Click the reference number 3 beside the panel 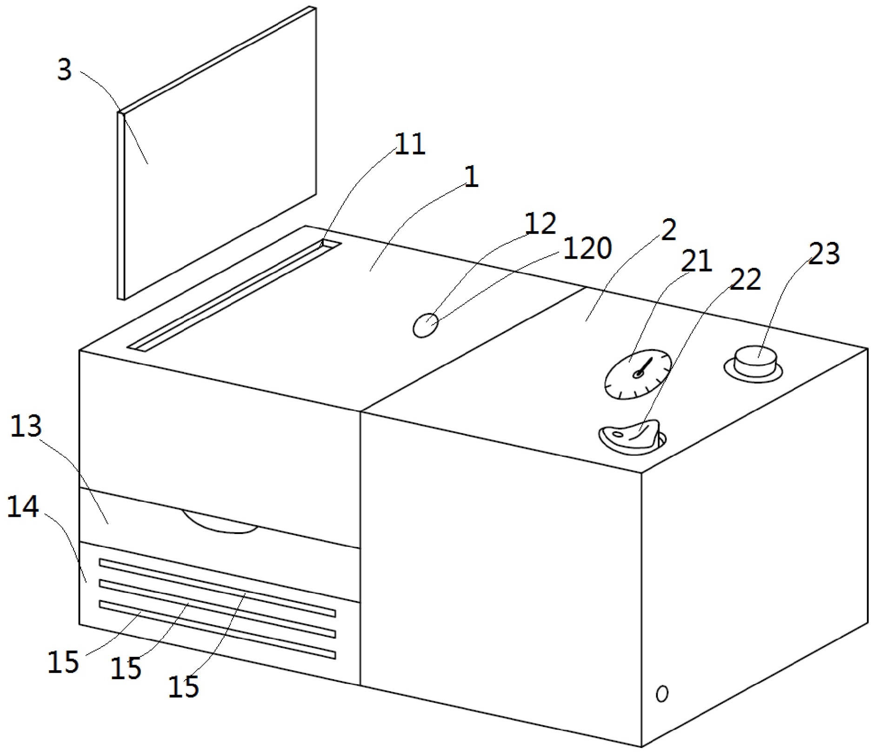(x=65, y=70)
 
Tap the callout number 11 (x=410, y=144)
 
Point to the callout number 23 (x=823, y=254)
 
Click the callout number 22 (x=745, y=280)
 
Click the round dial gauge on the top (x=638, y=374)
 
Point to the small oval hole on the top (x=425, y=325)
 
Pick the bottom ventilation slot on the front (x=217, y=629)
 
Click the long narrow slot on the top (x=234, y=295)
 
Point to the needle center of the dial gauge (x=638, y=374)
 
